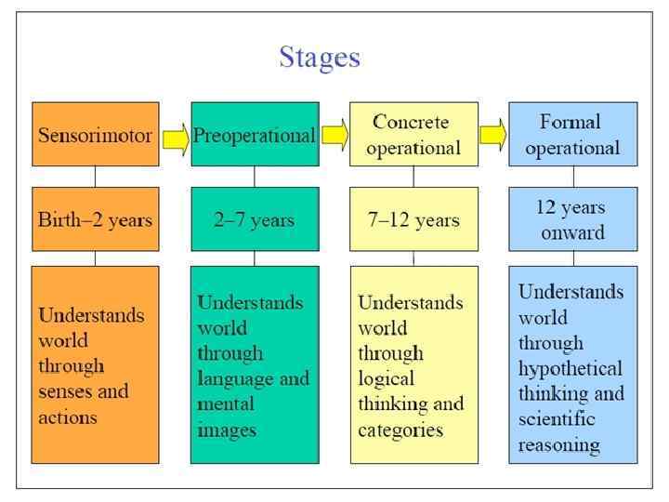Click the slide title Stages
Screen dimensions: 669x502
pyautogui.click(x=319, y=58)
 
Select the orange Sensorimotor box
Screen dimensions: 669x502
pyautogui.click(x=95, y=135)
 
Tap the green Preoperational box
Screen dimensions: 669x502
pyautogui.click(x=254, y=135)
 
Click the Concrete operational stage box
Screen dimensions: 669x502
pyautogui.click(x=413, y=135)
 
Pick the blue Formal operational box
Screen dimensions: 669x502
pyautogui.click(x=572, y=135)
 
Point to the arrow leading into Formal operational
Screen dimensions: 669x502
pyautogui.click(x=493, y=134)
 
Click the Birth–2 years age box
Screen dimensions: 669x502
pyautogui.click(x=95, y=220)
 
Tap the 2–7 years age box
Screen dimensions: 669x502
pyautogui.click(x=254, y=220)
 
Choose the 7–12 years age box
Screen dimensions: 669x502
pyautogui.click(x=413, y=220)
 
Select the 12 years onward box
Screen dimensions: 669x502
pyautogui.click(x=572, y=220)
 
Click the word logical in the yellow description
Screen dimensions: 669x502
pyautogui.click(x=386, y=379)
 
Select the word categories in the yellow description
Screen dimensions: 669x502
pyautogui.click(x=400, y=430)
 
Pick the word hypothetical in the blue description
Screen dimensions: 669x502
pyautogui.click(x=571, y=368)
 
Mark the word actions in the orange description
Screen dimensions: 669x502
pyautogui.click(x=68, y=416)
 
